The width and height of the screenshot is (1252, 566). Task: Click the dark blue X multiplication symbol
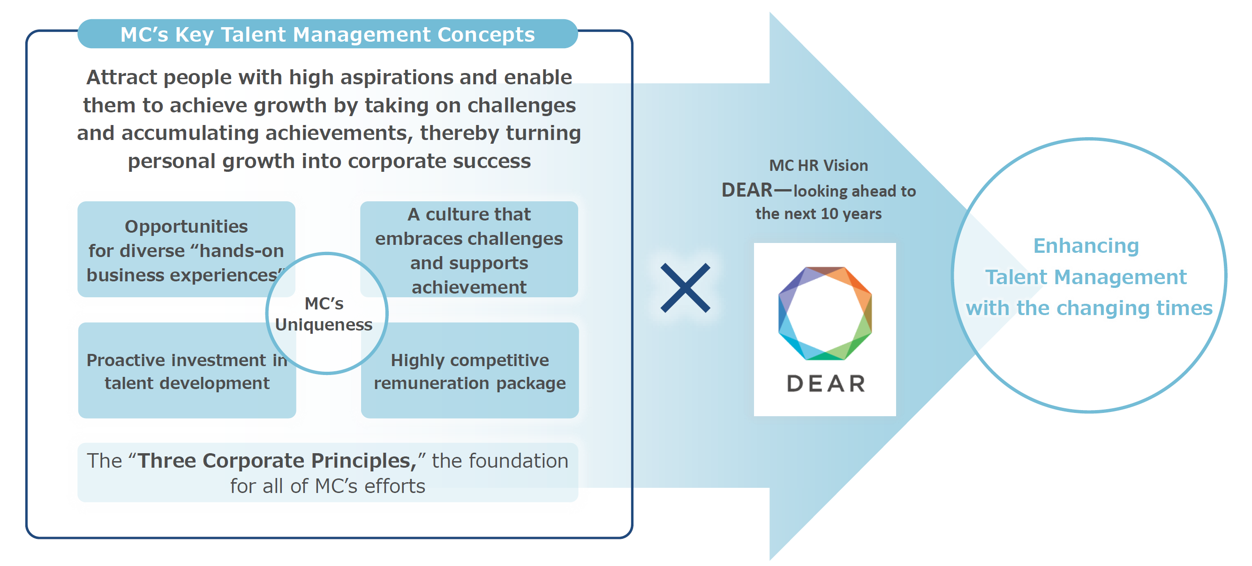click(685, 288)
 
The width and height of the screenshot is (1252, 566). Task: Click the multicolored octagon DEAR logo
click(825, 313)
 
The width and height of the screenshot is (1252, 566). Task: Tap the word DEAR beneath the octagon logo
click(826, 383)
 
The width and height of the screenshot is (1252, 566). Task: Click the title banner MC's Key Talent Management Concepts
click(327, 34)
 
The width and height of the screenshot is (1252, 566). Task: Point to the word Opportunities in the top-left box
click(186, 227)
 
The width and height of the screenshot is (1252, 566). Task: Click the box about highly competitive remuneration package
click(469, 371)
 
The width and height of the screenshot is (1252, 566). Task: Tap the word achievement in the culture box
click(469, 287)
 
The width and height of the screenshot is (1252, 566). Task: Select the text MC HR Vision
click(818, 166)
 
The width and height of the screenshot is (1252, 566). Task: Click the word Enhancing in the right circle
click(1086, 246)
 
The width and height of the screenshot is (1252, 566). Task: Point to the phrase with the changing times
click(1089, 308)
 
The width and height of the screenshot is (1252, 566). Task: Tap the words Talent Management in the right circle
click(1086, 277)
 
